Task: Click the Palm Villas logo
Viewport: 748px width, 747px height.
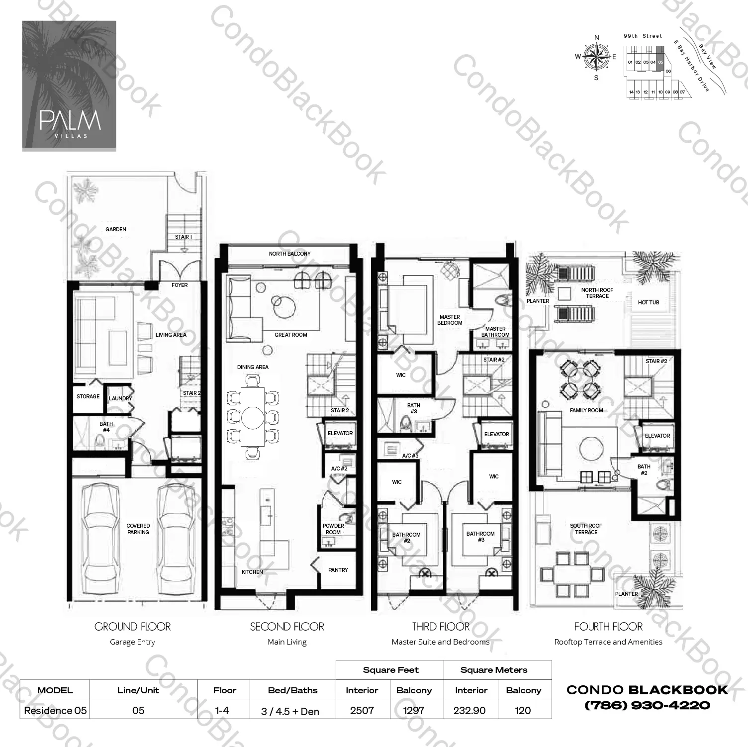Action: [x=69, y=86]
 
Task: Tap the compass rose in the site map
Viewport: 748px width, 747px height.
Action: [x=596, y=56]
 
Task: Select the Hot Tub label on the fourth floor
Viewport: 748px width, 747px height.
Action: [x=648, y=302]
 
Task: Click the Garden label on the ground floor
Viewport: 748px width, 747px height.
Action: [x=115, y=229]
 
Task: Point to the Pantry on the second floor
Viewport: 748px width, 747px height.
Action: [x=338, y=570]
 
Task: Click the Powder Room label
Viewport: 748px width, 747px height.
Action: [x=333, y=529]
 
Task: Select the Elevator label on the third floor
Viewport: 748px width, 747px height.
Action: [x=496, y=434]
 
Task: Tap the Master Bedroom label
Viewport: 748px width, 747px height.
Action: [x=450, y=320]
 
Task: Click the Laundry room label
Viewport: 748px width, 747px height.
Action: [x=120, y=398]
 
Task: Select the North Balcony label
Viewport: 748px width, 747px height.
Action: [x=289, y=254]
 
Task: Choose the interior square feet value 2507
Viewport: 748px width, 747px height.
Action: [x=362, y=710]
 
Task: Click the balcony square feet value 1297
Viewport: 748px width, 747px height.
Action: [x=413, y=710]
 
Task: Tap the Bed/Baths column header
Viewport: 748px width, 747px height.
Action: [x=292, y=690]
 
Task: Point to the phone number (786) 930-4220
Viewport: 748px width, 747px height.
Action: [x=647, y=705]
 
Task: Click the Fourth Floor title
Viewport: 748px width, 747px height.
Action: [x=608, y=627]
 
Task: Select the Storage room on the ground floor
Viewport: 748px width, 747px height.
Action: [x=88, y=397]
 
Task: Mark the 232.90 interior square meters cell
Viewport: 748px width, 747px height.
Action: [x=469, y=710]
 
